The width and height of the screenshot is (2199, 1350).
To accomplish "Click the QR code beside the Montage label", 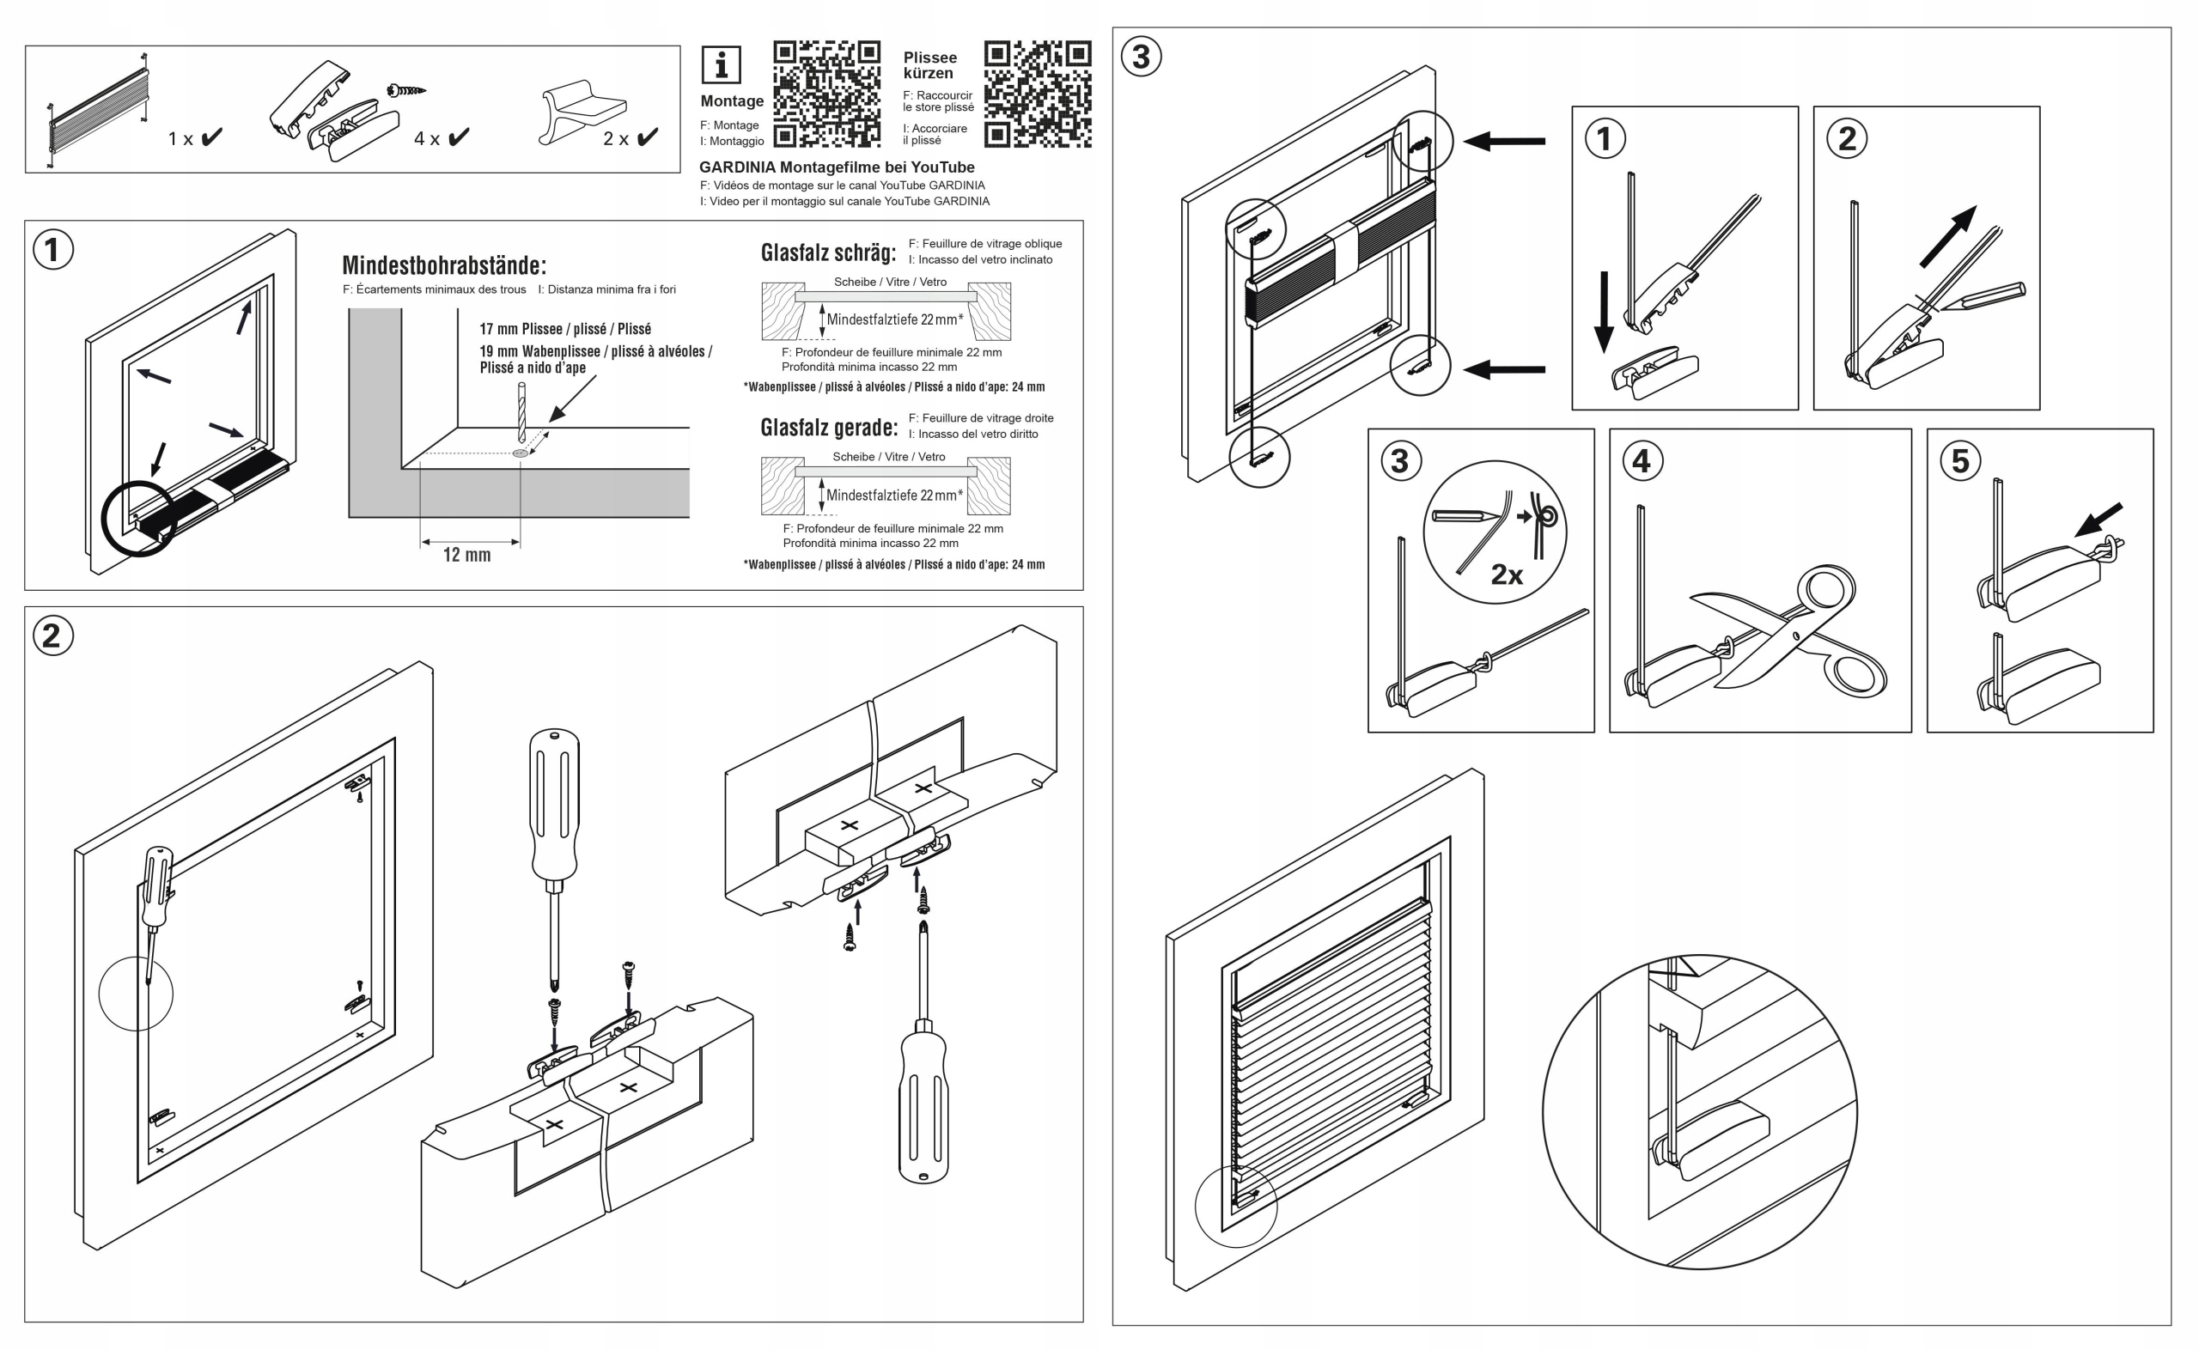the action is click(x=826, y=94).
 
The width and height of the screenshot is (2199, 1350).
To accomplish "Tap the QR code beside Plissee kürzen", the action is click(x=1038, y=94).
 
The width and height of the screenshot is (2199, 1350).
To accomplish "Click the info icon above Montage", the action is click(x=721, y=65).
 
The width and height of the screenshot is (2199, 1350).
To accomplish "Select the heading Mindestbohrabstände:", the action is click(x=444, y=265).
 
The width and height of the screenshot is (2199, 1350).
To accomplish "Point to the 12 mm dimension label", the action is click(x=467, y=556).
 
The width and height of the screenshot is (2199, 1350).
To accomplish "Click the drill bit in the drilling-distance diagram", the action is click(x=521, y=412).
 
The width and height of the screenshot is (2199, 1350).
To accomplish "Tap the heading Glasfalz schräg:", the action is click(x=828, y=252).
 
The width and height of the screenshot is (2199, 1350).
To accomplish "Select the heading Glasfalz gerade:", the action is click(x=829, y=428).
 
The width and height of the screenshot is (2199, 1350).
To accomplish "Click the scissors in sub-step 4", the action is click(x=1788, y=629).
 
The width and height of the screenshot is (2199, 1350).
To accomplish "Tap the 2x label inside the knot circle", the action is click(x=1507, y=575).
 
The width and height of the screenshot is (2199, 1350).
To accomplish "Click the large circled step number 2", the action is click(x=52, y=635).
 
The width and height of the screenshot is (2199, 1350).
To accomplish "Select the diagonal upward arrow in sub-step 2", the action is click(x=1947, y=237).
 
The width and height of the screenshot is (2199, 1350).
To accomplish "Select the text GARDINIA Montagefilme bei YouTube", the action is click(x=837, y=167).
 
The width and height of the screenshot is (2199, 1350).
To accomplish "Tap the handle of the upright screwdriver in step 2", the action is click(x=554, y=804).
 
